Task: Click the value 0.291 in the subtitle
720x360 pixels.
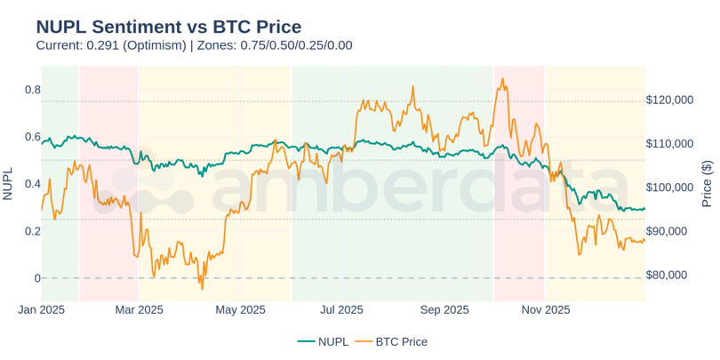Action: tap(103, 45)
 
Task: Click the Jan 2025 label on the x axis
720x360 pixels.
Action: tap(42, 309)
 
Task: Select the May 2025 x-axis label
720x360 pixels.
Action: tap(241, 309)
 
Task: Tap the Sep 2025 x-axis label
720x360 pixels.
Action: tap(444, 309)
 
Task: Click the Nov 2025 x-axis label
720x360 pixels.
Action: tap(546, 309)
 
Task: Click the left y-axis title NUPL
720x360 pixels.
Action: tap(8, 184)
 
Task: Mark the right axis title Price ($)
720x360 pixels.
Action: tap(708, 184)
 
